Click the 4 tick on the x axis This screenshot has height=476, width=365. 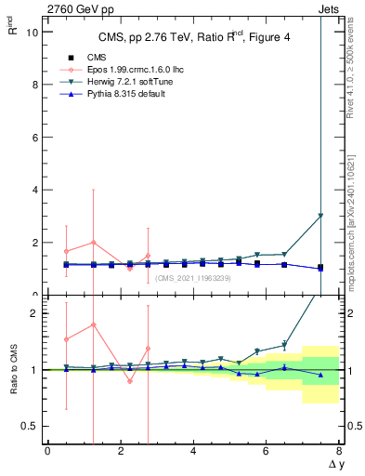tap(193, 452)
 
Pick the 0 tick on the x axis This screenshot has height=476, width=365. tap(47, 452)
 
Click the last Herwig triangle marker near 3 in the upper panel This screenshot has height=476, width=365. tap(320, 216)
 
